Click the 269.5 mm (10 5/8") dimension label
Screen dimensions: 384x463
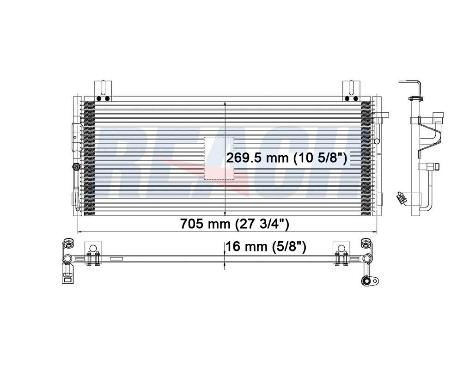[286, 158]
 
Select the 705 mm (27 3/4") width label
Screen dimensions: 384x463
[235, 225]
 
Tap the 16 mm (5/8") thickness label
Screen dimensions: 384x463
[267, 247]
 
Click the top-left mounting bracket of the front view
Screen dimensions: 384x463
[103, 91]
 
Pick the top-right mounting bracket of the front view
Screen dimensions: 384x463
[351, 91]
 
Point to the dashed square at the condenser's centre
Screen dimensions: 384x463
[219, 158]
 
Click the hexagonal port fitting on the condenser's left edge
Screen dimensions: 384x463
[75, 167]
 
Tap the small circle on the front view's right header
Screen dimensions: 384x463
[376, 141]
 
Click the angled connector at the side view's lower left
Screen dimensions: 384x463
[400, 198]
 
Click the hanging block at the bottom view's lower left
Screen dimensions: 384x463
[67, 277]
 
